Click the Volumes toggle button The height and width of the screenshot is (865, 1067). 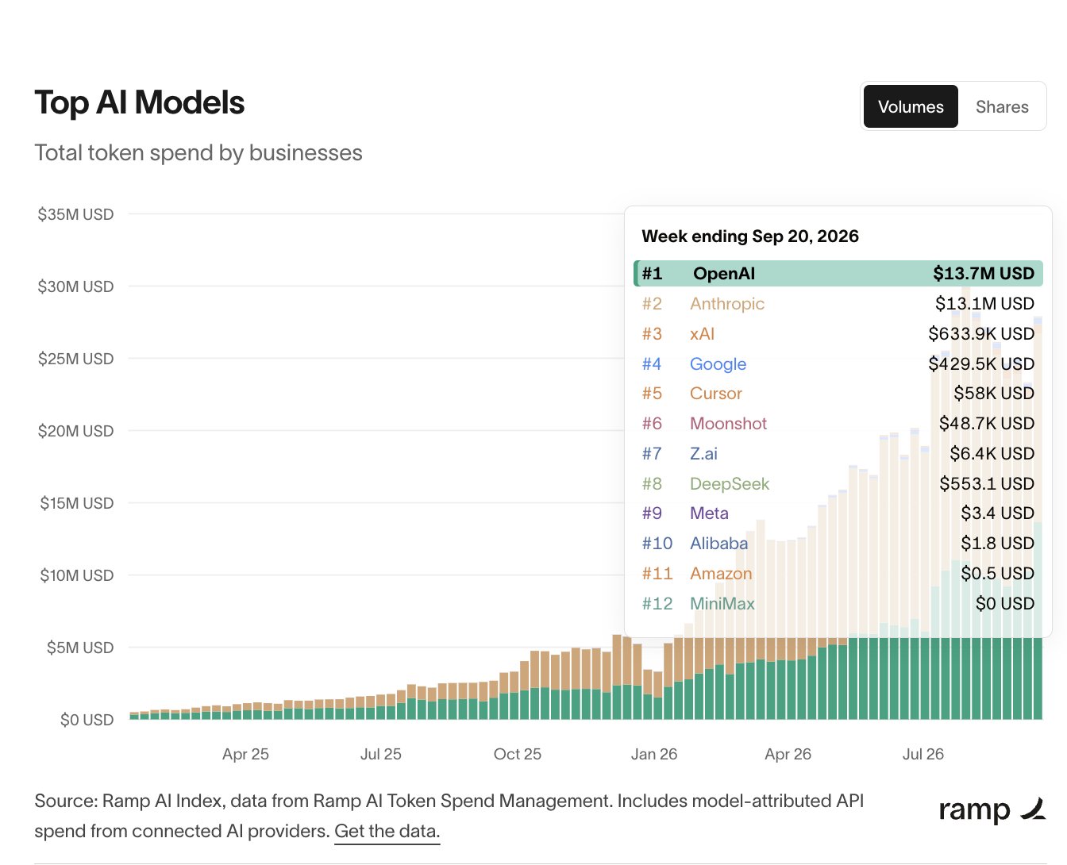pyautogui.click(x=911, y=106)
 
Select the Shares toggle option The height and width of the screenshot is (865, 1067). pyautogui.click(x=1002, y=106)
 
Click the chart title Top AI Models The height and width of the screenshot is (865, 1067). pyautogui.click(x=139, y=102)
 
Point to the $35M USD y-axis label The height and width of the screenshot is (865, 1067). pyautogui.click(x=75, y=214)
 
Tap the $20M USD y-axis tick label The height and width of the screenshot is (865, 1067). pyautogui.click(x=75, y=431)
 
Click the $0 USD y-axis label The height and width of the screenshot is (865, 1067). pyautogui.click(x=87, y=720)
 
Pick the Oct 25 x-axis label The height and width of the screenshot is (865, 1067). pyautogui.click(x=518, y=754)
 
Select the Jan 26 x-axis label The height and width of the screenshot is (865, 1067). pyautogui.click(x=653, y=754)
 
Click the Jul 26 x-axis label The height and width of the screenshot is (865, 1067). pyautogui.click(x=923, y=754)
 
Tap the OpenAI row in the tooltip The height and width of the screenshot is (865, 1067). pyautogui.click(x=838, y=273)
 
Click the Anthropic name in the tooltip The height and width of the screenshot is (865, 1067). pyautogui.click(x=727, y=303)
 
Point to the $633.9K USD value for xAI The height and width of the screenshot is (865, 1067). pyautogui.click(x=981, y=333)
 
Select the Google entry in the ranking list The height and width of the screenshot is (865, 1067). pyautogui.click(x=718, y=364)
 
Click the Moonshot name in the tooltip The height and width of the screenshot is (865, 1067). pyautogui.click(x=728, y=424)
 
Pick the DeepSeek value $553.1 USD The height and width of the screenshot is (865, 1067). pyautogui.click(x=987, y=483)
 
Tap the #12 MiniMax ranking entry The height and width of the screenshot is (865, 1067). pyautogui.click(x=699, y=604)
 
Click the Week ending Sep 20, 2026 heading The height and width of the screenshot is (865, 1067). pyautogui.click(x=750, y=236)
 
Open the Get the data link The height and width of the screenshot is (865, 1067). pyautogui.click(x=387, y=831)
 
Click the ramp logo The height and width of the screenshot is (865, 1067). pyautogui.click(x=992, y=810)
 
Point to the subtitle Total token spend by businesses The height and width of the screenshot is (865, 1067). pyautogui.click(x=198, y=153)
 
